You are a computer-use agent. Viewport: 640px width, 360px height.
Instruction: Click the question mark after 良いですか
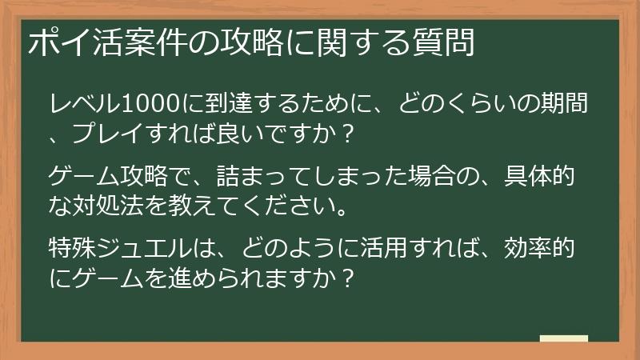[x=346, y=135]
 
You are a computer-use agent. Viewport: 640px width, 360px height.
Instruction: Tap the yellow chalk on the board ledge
[x=563, y=338]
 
